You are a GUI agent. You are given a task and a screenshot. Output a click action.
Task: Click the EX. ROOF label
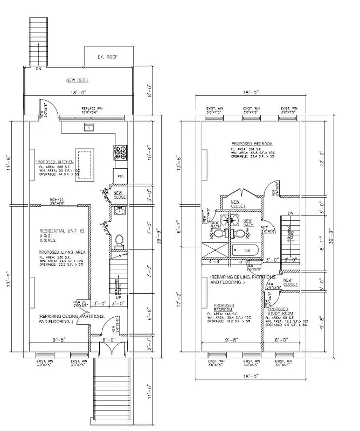click(107, 57)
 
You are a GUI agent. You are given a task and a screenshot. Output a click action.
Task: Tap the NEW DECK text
click(77, 80)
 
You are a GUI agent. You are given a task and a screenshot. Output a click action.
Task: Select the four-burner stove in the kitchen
click(120, 153)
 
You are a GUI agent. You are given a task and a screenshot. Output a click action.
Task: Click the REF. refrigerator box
click(121, 176)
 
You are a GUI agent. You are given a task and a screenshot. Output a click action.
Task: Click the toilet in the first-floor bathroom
click(120, 240)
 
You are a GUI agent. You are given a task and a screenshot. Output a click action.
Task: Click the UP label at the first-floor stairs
click(118, 297)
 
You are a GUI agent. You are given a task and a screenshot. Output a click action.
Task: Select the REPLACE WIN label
click(90, 109)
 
